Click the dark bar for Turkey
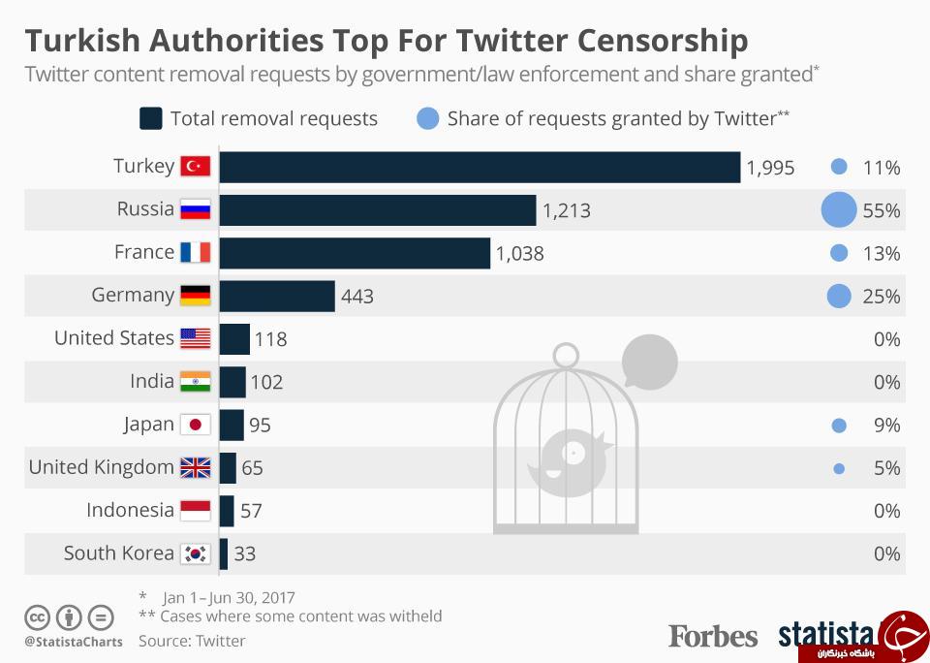(x=480, y=168)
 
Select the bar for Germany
(x=277, y=297)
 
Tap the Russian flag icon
(x=195, y=209)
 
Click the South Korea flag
(x=195, y=553)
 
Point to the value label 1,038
(x=519, y=254)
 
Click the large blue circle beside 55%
(x=839, y=209)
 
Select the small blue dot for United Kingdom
(x=839, y=469)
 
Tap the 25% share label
(x=882, y=297)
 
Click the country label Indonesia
(x=130, y=510)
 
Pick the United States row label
(x=114, y=337)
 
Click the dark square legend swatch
(x=151, y=118)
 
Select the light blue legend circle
(x=427, y=118)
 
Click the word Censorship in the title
(x=663, y=41)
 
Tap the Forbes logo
(x=713, y=636)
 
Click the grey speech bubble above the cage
(x=649, y=362)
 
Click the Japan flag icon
(x=195, y=425)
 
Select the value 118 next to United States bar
(x=270, y=339)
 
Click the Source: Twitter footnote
(x=192, y=641)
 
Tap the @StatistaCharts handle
(x=74, y=642)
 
